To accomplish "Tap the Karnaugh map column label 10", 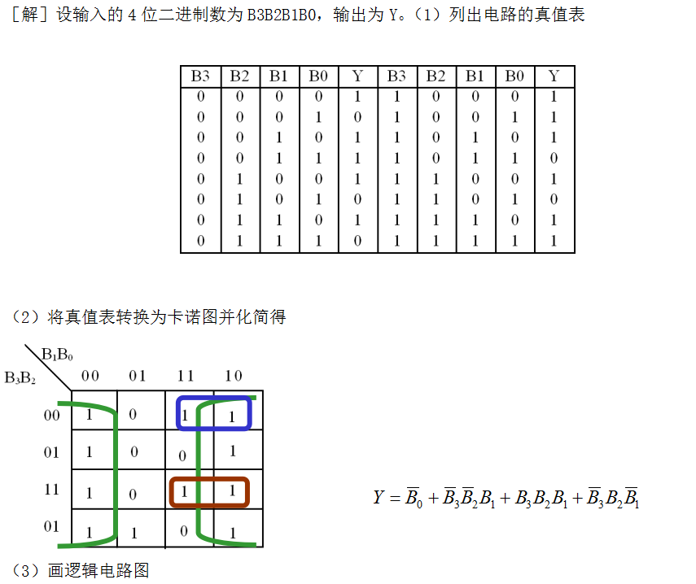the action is click(x=233, y=375).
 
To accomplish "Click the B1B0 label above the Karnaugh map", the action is click(x=57, y=355).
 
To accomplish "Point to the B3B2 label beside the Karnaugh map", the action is click(x=20, y=377).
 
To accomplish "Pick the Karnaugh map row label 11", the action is click(x=51, y=490).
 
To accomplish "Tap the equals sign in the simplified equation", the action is click(x=394, y=498).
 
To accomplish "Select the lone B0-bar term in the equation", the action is click(x=414, y=497).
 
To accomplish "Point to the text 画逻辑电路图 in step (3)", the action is click(x=98, y=571).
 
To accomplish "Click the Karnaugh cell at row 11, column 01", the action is click(x=134, y=493).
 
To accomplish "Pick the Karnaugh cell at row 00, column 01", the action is click(x=134, y=415).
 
